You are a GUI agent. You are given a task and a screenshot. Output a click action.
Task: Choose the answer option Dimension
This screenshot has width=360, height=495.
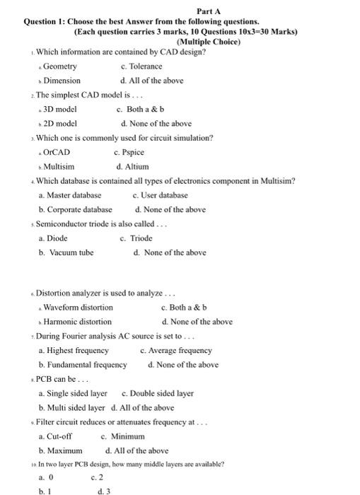click(62, 81)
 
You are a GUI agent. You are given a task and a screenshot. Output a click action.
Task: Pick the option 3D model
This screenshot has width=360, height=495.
click(59, 110)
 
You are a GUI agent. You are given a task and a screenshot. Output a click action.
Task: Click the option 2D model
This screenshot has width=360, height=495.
click(59, 124)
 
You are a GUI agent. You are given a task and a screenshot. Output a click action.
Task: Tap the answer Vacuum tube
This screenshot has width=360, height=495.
click(71, 252)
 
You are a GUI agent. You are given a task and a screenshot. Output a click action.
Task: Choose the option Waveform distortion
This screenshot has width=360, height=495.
click(78, 308)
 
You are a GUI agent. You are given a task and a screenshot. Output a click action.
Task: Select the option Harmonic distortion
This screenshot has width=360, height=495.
click(77, 322)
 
